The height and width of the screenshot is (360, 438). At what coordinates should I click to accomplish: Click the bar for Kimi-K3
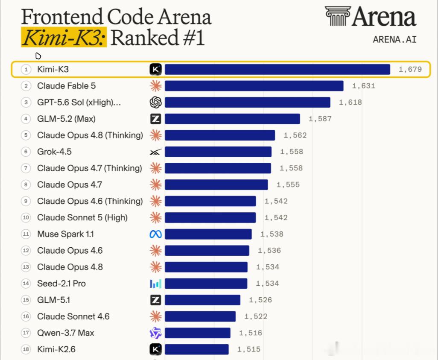[277, 69]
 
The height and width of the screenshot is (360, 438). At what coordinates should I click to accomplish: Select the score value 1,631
[363, 86]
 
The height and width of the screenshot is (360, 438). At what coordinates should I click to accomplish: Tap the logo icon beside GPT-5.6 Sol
[155, 102]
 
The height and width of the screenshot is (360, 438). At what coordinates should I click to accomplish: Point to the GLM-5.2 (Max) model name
[66, 119]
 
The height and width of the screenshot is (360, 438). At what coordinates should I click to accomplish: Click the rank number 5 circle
[26, 135]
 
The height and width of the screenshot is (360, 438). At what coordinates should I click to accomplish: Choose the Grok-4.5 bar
[218, 152]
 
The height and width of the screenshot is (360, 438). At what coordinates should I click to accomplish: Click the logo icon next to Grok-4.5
[155, 152]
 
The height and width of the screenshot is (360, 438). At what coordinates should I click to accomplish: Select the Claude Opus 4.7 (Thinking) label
[89, 168]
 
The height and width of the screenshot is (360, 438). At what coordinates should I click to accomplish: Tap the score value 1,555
[288, 185]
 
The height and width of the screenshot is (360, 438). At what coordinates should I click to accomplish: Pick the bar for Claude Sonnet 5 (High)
[210, 218]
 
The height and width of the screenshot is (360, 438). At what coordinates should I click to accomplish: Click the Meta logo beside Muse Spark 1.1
[155, 234]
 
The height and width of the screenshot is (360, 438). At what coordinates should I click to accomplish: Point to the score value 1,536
[269, 250]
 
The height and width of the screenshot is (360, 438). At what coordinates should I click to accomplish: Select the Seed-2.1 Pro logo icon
[155, 284]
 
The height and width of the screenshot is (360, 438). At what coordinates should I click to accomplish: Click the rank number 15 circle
[26, 300]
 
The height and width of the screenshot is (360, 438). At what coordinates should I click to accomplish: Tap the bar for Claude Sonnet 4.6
[200, 316]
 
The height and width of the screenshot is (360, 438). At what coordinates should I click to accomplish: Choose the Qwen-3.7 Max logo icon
[155, 333]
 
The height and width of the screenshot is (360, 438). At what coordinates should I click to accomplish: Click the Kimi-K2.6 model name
[56, 349]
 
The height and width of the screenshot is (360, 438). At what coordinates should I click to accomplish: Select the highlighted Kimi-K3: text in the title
[64, 37]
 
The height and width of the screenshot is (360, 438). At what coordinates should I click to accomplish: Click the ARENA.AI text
[394, 39]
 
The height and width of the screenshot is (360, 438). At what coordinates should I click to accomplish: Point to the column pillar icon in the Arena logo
[338, 16]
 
